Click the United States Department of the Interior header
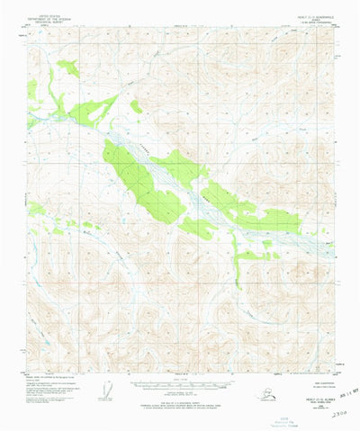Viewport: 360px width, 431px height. pyautogui.click(x=49, y=14)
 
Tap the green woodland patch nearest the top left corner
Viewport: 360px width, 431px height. pyautogui.click(x=68, y=67)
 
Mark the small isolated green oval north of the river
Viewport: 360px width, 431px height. pyautogui.click(x=135, y=106)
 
